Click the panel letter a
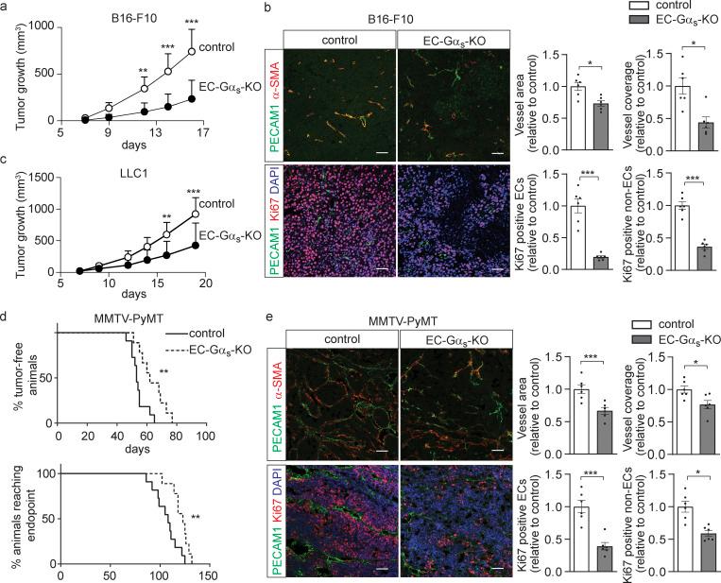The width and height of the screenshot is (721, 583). [6, 8]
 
